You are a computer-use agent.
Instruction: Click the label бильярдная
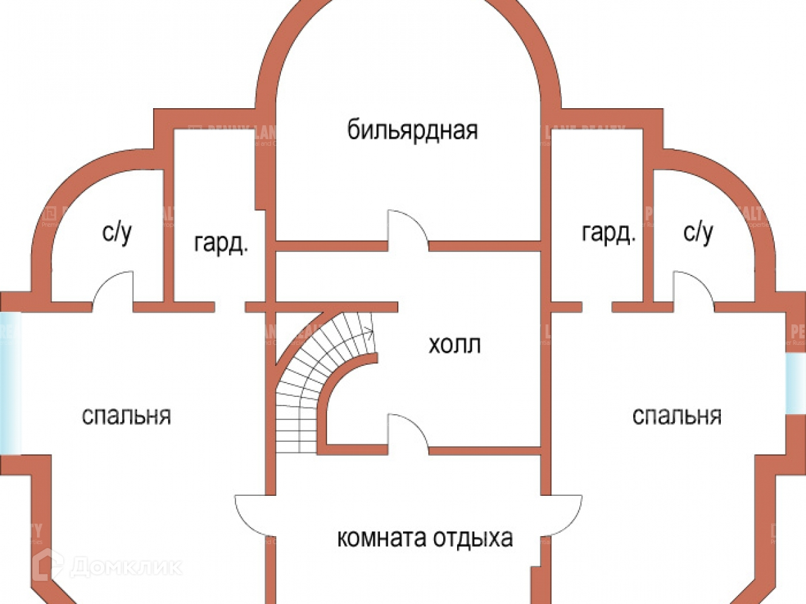pos(412,131)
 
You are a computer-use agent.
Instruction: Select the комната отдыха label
pos(425,538)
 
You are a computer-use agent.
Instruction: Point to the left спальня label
pos(127,416)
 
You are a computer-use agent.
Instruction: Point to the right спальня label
pos(677,416)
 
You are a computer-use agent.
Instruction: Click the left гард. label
pos(222,245)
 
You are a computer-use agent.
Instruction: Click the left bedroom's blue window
pos(10,382)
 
